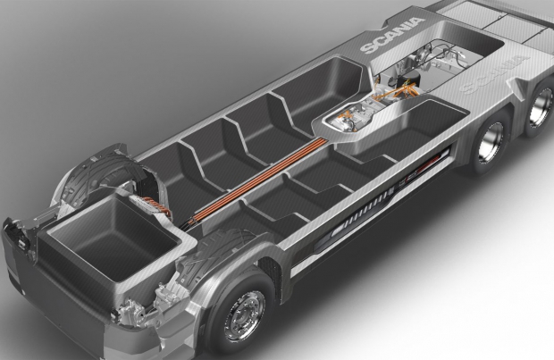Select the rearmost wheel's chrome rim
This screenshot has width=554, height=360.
(542, 105)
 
